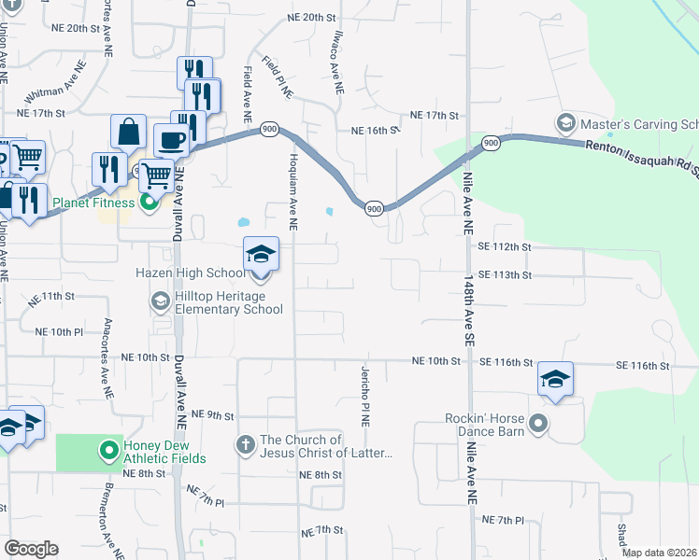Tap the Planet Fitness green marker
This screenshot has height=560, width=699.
tap(148, 203)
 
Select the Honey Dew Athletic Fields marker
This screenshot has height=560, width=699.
tap(109, 451)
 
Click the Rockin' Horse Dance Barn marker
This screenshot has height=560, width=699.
tap(537, 425)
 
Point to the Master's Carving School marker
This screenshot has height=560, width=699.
tap(564, 123)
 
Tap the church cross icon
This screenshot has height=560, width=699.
tap(245, 443)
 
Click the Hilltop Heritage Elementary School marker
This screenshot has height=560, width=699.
tap(160, 301)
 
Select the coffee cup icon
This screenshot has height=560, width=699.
tap(170, 140)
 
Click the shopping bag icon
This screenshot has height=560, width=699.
tap(128, 132)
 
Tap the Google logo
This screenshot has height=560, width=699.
tap(31, 549)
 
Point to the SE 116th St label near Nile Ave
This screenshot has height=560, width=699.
tap(506, 361)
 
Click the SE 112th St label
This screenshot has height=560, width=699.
tap(504, 246)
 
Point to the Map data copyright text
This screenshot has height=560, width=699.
tap(660, 553)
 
